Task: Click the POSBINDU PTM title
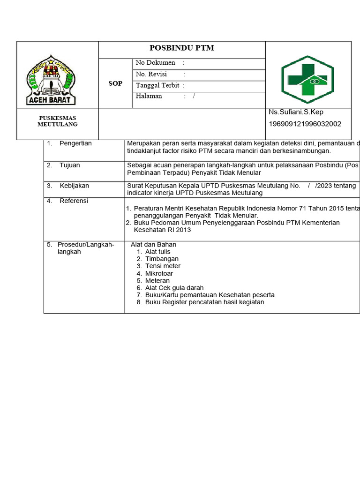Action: tap(181, 48)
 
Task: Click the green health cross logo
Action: tap(307, 79)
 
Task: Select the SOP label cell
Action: tap(115, 83)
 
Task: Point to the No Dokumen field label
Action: tap(155, 63)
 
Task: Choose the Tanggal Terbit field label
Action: tap(157, 85)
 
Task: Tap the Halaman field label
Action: tap(149, 96)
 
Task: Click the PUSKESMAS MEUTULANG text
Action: tap(58, 121)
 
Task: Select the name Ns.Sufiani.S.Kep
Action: tap(296, 112)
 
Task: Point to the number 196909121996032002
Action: tap(305, 124)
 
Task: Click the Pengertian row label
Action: tap(75, 143)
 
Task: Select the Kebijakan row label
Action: tap(74, 186)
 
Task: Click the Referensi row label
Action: tap(74, 201)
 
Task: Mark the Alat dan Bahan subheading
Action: tap(153, 245)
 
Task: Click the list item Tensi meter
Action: tap(163, 266)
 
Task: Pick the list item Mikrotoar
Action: tap(159, 273)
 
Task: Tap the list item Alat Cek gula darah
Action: tap(174, 288)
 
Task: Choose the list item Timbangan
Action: tap(162, 259)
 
